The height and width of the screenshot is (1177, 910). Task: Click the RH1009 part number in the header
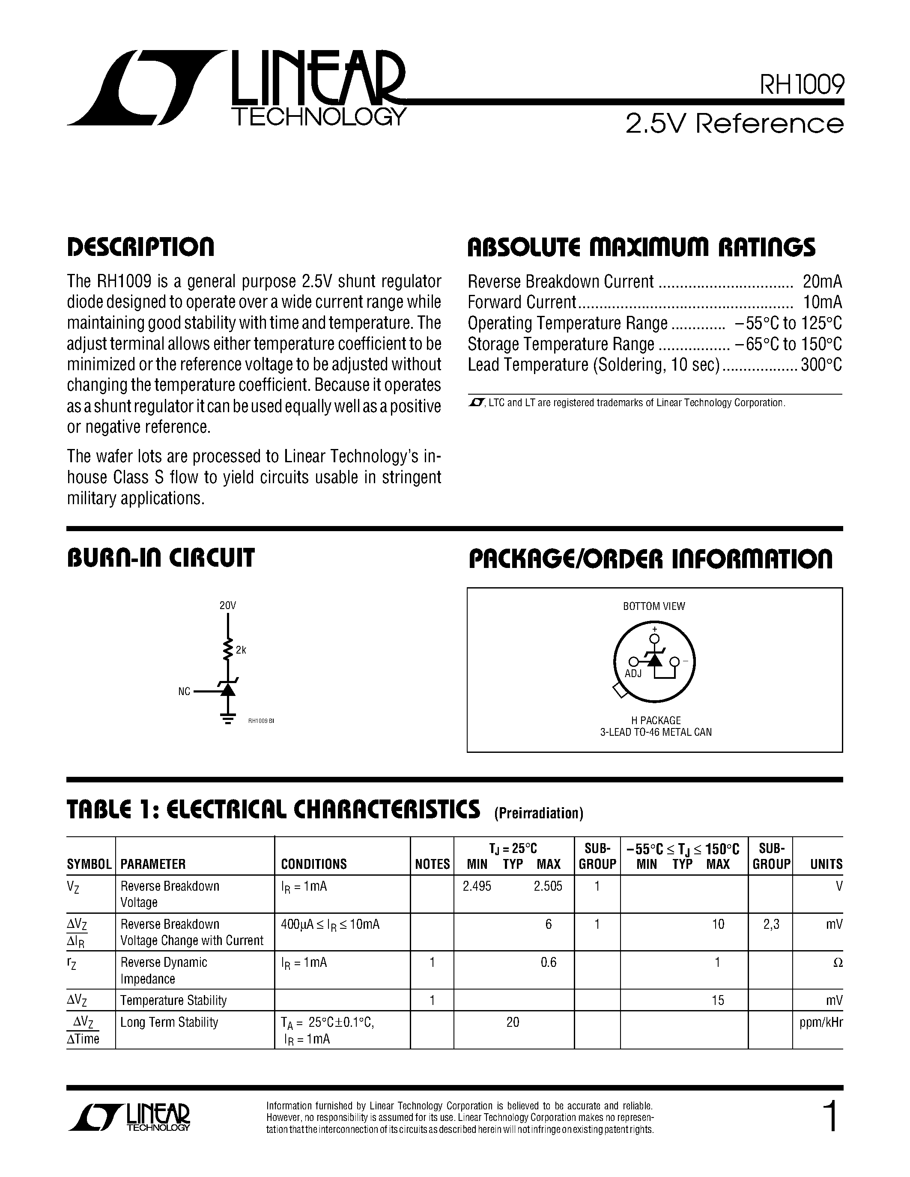coord(801,85)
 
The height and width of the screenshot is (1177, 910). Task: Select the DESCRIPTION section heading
coord(141,247)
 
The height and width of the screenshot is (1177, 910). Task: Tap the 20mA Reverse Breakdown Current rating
coord(822,281)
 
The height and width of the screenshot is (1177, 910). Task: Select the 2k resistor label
coord(241,650)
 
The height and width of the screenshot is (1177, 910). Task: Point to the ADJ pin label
coord(633,674)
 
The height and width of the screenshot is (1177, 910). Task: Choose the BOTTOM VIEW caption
coord(654,606)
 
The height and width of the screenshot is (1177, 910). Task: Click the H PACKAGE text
coord(656,720)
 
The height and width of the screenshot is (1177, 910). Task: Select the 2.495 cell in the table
coord(477,886)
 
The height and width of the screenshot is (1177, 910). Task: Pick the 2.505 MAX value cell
coord(548,886)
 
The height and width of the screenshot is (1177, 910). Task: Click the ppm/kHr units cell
coord(820,1022)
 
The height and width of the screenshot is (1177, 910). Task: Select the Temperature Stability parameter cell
coord(173,1000)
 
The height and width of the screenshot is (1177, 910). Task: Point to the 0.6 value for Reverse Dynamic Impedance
coord(548,962)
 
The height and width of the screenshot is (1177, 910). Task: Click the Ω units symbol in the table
coord(837,963)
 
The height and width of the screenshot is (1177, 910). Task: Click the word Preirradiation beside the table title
coord(539,813)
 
